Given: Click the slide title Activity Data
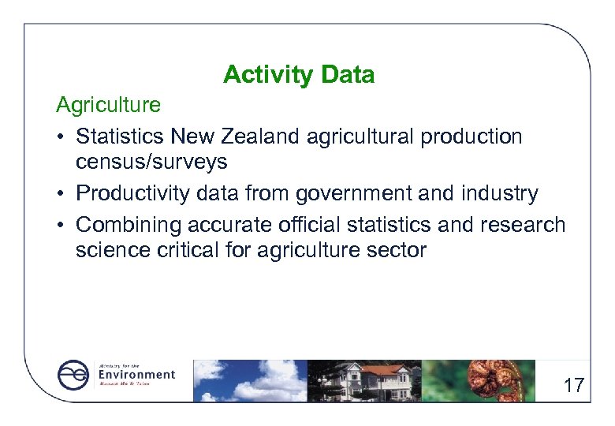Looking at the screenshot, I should [x=299, y=75].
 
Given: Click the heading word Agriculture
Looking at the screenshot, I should [x=108, y=104].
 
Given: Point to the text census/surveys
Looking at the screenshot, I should [x=151, y=163].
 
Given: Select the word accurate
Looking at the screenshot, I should [x=230, y=225].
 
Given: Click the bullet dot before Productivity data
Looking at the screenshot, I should [x=61, y=194].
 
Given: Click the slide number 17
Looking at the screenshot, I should [x=573, y=386].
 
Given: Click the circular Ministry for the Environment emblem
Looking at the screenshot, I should [x=74, y=376].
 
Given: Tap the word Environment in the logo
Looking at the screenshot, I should [x=136, y=375].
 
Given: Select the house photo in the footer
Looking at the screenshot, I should [x=364, y=380].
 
